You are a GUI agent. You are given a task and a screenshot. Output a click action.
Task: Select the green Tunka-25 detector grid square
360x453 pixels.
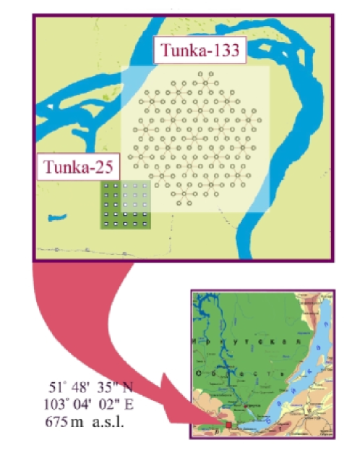point(124,205)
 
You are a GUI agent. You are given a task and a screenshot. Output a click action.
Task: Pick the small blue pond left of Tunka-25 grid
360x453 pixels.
point(55,216)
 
